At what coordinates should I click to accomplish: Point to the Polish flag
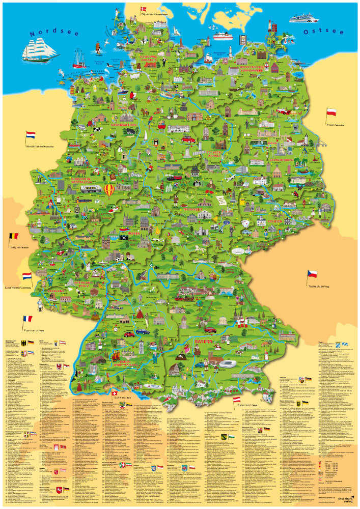(x=331, y=112)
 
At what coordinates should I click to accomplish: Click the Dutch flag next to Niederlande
(x=31, y=136)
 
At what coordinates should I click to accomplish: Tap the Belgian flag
(x=14, y=237)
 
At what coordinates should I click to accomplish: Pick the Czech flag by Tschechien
(x=312, y=274)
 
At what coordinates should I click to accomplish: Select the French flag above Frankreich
(x=27, y=319)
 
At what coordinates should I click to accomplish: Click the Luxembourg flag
(x=26, y=276)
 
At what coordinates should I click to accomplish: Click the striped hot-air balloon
(x=110, y=191)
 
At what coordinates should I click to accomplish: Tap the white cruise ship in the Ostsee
(x=303, y=19)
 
